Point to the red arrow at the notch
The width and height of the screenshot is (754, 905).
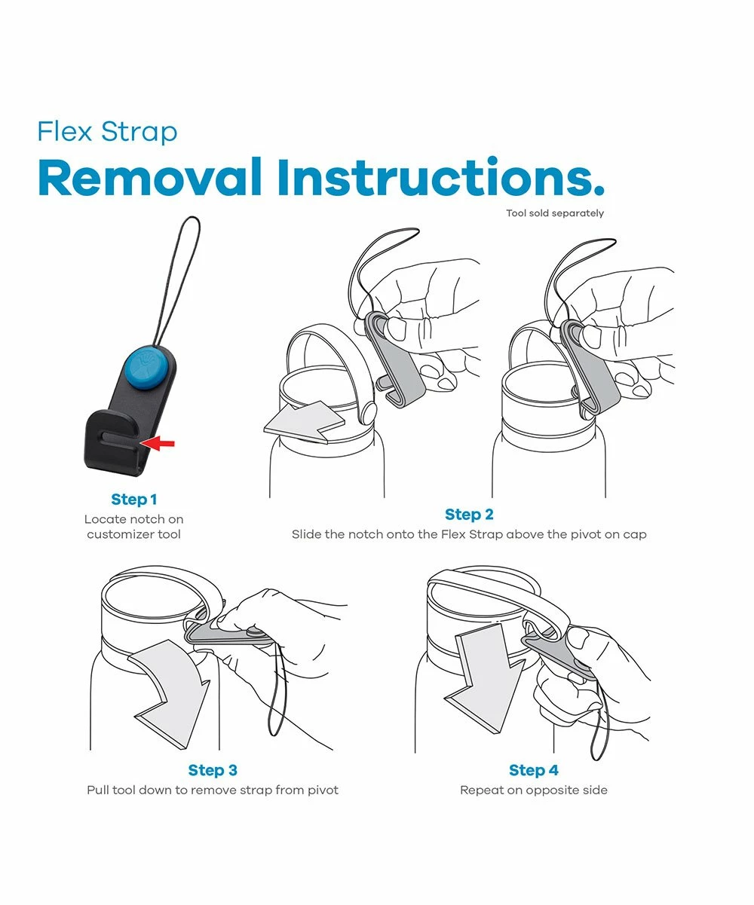click(x=158, y=443)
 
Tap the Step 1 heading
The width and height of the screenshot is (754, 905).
click(x=133, y=500)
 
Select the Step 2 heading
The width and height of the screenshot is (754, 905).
click(x=469, y=515)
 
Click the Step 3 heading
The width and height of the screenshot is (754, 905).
click(x=213, y=770)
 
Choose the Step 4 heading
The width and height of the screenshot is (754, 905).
click(x=533, y=770)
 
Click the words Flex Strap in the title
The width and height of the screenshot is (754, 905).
click(x=108, y=132)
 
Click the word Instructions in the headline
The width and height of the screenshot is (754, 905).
click(x=440, y=177)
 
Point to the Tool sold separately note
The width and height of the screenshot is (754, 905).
click(x=555, y=213)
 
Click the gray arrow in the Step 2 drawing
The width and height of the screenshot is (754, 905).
click(x=304, y=422)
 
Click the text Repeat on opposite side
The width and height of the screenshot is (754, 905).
click(x=534, y=790)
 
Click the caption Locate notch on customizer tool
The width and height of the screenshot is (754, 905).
click(x=133, y=527)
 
